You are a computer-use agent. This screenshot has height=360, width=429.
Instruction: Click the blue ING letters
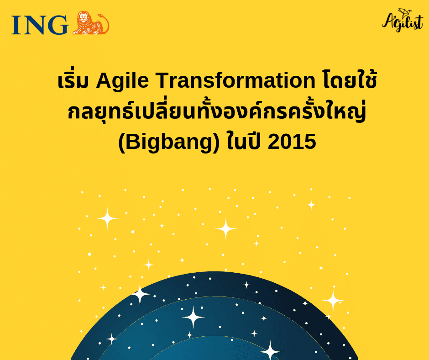coord(40,25)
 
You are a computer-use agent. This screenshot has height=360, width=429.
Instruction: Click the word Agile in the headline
coord(123,82)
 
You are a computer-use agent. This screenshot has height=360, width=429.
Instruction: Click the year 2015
coord(292,142)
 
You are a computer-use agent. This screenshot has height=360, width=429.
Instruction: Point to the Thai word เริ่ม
coord(74,82)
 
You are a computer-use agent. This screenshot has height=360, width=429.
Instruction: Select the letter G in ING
coord(57,25)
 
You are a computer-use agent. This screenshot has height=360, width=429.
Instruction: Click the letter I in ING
coord(16,25)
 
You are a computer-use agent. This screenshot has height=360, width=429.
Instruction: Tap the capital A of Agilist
coord(389,21)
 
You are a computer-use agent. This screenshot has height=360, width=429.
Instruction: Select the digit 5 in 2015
coord(309,142)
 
